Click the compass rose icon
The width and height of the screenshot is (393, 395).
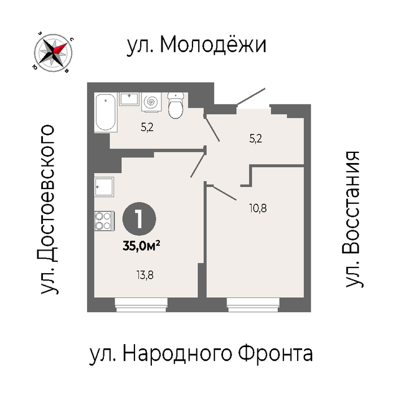(53, 53)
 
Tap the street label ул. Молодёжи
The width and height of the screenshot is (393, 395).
(197, 45)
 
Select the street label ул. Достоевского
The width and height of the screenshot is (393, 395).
(47, 209)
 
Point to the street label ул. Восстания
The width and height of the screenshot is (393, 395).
(352, 219)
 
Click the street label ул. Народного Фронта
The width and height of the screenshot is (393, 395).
(201, 354)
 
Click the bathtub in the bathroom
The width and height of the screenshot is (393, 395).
(106, 112)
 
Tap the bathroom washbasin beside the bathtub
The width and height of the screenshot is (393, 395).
(129, 99)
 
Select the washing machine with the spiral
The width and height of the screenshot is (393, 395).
(151, 102)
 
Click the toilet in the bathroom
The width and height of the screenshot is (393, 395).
(176, 106)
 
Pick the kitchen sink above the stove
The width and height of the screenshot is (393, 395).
(104, 187)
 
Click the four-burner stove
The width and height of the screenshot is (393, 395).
(104, 221)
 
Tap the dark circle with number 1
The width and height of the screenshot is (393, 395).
(139, 219)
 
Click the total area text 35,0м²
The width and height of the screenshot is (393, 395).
(141, 246)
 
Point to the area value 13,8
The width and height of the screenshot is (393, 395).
(145, 275)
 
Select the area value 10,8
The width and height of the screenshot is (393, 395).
(258, 209)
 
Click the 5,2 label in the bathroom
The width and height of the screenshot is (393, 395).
(147, 128)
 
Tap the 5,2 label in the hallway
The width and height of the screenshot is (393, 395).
(256, 139)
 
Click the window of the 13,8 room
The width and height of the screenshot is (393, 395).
(141, 305)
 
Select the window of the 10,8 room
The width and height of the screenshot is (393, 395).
(253, 305)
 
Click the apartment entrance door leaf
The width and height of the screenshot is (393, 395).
(251, 96)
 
